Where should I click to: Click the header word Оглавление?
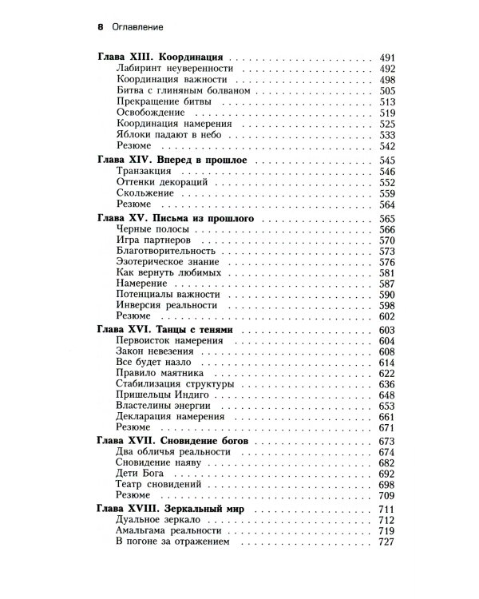point(137,26)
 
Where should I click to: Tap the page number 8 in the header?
point(100,26)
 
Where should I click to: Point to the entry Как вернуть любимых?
point(162,272)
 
